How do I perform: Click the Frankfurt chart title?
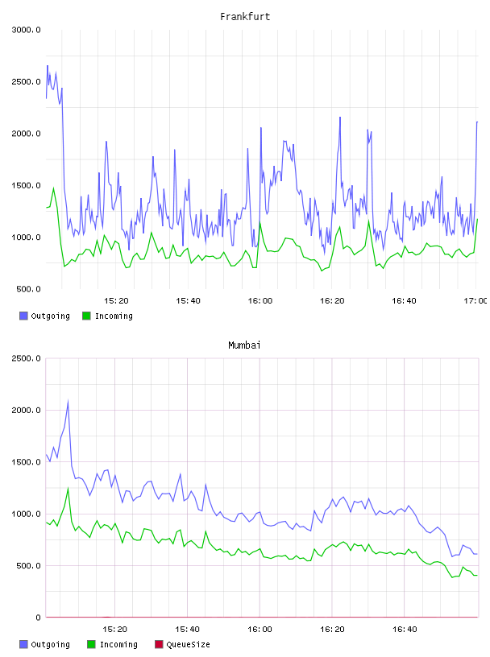(245, 17)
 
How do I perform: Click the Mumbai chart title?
(244, 345)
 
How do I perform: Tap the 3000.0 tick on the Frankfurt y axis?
(26, 30)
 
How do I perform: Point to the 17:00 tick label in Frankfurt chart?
(475, 301)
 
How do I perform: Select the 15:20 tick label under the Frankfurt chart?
(116, 301)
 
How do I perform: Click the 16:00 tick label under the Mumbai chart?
(260, 630)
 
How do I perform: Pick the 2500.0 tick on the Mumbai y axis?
(26, 358)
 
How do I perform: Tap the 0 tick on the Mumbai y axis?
(38, 618)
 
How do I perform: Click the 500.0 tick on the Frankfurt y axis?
(28, 289)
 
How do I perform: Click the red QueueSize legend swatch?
(159, 644)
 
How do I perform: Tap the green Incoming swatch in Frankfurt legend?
(86, 316)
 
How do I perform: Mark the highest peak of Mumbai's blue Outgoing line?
(68, 401)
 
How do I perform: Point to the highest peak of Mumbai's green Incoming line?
(68, 488)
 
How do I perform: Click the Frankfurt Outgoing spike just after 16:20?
(340, 118)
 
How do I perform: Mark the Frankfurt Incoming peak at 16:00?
(260, 222)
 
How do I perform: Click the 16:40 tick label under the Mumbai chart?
(405, 630)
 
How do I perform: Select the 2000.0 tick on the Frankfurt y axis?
(26, 134)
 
